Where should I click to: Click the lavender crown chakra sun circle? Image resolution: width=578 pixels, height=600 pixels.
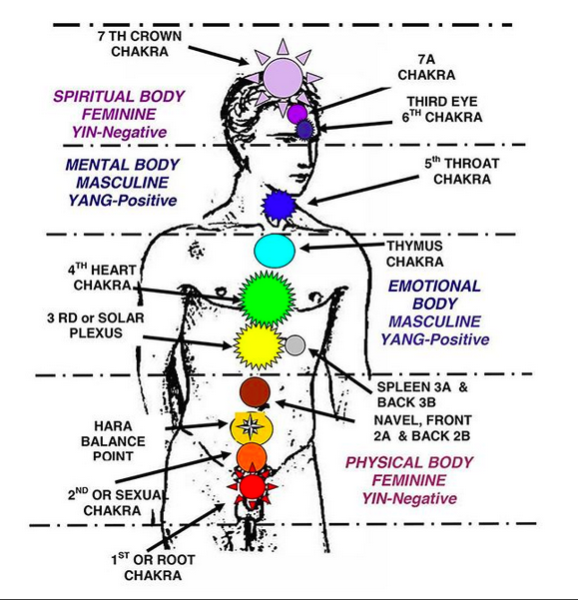point(284,78)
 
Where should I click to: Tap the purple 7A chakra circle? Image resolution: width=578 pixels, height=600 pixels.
point(297,114)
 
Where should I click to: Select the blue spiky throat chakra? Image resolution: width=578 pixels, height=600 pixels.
point(280,206)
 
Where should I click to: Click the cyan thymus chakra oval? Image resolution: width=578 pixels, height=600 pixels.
point(275,251)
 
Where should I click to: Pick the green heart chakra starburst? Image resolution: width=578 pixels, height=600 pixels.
point(267,299)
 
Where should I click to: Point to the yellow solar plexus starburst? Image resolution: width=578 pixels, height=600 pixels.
point(259,346)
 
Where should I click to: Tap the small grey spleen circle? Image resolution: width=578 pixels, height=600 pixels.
point(294,345)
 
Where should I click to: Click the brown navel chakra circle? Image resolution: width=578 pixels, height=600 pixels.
point(255,392)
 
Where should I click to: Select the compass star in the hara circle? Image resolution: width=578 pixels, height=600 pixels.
point(251,426)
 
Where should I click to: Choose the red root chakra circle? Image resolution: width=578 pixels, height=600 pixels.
point(253,486)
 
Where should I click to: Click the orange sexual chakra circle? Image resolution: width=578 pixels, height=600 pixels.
point(252,457)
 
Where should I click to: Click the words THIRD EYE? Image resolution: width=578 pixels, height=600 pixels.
point(442,102)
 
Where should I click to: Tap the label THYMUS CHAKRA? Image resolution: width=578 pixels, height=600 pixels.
point(414,254)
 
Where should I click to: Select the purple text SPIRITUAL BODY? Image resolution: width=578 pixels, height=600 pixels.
point(119,96)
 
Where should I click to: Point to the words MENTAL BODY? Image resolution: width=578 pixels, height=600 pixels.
point(122,165)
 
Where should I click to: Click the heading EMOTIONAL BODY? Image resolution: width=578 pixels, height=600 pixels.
point(434,295)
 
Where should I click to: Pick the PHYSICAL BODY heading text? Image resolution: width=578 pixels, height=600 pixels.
point(409,462)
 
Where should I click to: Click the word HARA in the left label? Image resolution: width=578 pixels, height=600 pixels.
point(113,426)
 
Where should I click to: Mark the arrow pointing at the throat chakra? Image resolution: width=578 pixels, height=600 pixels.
point(362,190)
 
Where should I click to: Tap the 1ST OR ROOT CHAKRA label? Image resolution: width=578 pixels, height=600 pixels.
point(153,567)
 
